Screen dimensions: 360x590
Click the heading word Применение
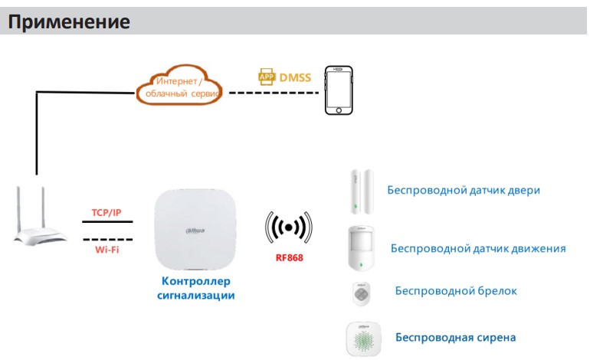click(x=68, y=21)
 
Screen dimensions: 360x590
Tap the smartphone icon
click(x=338, y=90)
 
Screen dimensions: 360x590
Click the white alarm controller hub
click(x=195, y=230)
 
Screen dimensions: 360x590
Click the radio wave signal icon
click(x=289, y=227)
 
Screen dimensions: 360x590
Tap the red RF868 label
click(x=289, y=257)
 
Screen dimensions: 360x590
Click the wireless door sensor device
click(x=361, y=191)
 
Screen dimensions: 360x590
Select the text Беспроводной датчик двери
click(x=464, y=190)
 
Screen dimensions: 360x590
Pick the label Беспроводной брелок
click(x=456, y=290)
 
